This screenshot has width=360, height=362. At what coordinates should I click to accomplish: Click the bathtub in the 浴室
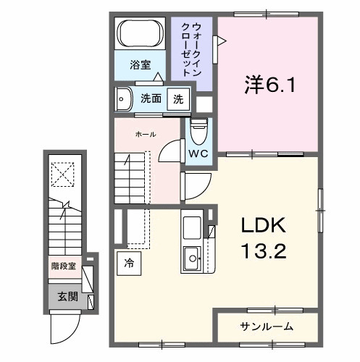click(x=142, y=34)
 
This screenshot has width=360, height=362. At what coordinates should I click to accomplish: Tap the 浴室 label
click(x=141, y=65)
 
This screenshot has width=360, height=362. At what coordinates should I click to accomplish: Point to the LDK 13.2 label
click(x=264, y=239)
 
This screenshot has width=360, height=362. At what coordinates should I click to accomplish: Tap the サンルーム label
click(x=267, y=327)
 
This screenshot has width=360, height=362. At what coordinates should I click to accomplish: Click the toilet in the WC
click(x=197, y=131)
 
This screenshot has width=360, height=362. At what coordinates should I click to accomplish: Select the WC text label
click(x=198, y=154)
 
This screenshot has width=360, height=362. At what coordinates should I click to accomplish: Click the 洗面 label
click(x=151, y=98)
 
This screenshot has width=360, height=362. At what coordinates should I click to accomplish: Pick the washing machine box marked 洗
click(x=176, y=98)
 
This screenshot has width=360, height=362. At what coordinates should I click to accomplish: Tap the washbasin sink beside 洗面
click(x=123, y=98)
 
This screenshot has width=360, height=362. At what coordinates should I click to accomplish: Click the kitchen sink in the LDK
click(x=193, y=255)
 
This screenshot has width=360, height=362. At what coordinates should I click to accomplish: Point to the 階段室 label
click(x=64, y=267)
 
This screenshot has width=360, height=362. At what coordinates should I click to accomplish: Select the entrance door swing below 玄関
click(x=64, y=329)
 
